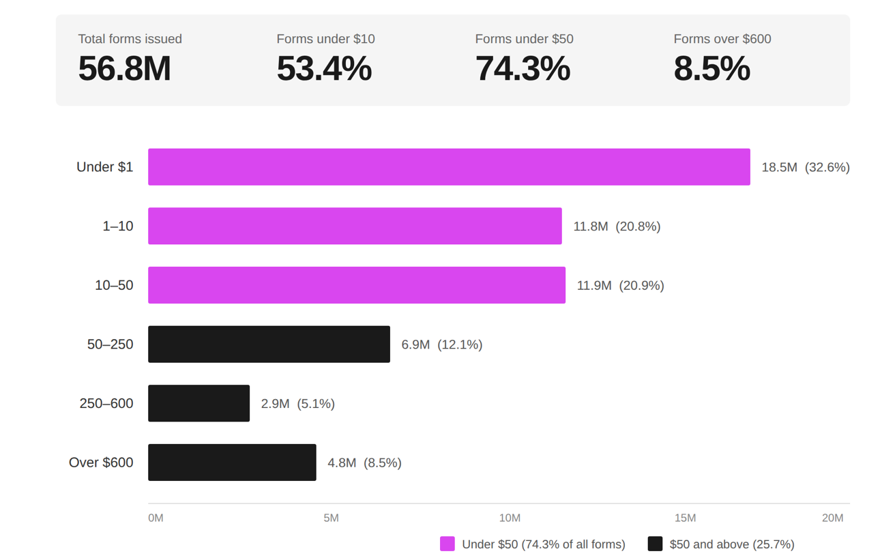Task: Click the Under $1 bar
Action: point(449,167)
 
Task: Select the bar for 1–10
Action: point(355,226)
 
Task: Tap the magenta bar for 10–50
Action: point(357,285)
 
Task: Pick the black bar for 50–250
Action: point(269,344)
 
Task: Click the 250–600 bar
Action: point(199,403)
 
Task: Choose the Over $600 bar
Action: point(232,462)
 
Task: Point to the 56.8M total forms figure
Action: point(124,69)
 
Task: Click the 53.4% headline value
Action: point(324,69)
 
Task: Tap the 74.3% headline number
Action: point(523,69)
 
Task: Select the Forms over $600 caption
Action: point(722,39)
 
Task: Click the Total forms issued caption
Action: point(130,39)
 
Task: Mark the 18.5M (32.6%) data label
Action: point(806,167)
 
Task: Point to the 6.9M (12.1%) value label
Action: point(442,344)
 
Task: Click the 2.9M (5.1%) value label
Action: point(298,404)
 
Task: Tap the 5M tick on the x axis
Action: point(331,518)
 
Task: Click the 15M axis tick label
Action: point(685,518)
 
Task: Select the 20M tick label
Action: point(832,518)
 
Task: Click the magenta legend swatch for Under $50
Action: point(447,544)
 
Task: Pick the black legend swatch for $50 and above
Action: point(655,544)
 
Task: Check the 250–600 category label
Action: point(106,403)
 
